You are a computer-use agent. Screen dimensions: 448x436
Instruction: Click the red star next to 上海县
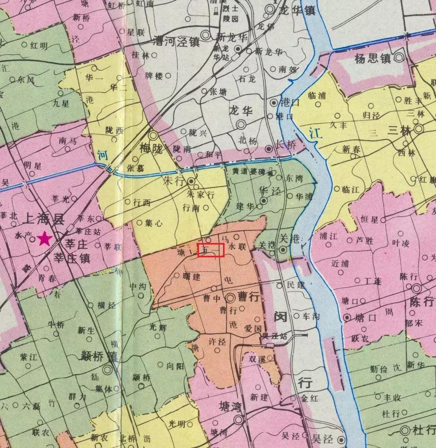tap(44, 239)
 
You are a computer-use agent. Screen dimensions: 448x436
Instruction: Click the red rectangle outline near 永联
tap(211, 250)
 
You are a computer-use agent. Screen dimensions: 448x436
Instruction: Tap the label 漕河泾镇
tap(177, 41)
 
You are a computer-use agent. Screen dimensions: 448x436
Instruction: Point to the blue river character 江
tap(316, 133)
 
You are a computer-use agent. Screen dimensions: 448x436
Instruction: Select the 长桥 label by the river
tap(285, 149)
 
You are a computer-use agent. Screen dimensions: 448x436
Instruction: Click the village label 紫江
tap(28, 357)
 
